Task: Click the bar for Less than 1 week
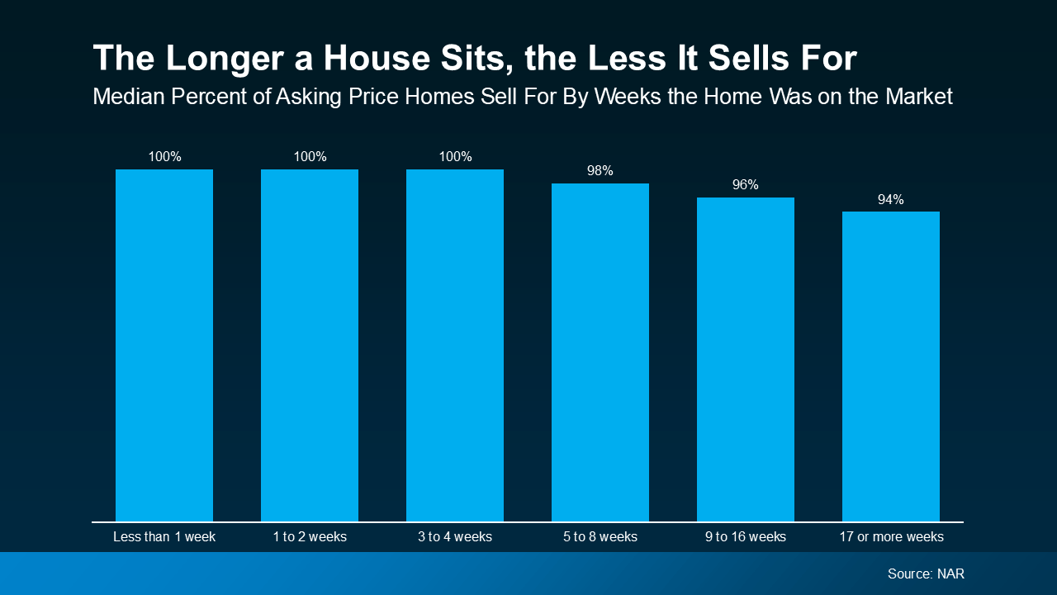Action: click(164, 345)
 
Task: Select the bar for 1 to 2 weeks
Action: click(310, 345)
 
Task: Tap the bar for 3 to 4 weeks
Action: click(455, 345)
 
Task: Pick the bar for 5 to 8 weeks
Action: click(600, 352)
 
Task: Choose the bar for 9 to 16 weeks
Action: click(746, 359)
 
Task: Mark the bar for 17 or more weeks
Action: click(891, 366)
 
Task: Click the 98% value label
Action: click(600, 171)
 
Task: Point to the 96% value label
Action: click(746, 185)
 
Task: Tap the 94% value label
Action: click(891, 199)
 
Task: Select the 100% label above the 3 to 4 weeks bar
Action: click(455, 157)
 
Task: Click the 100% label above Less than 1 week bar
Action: click(164, 157)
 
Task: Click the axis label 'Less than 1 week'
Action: click(164, 537)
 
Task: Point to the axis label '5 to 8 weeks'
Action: click(600, 537)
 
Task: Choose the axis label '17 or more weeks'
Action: click(891, 537)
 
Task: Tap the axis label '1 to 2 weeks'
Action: click(310, 537)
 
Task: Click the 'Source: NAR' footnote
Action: click(926, 574)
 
